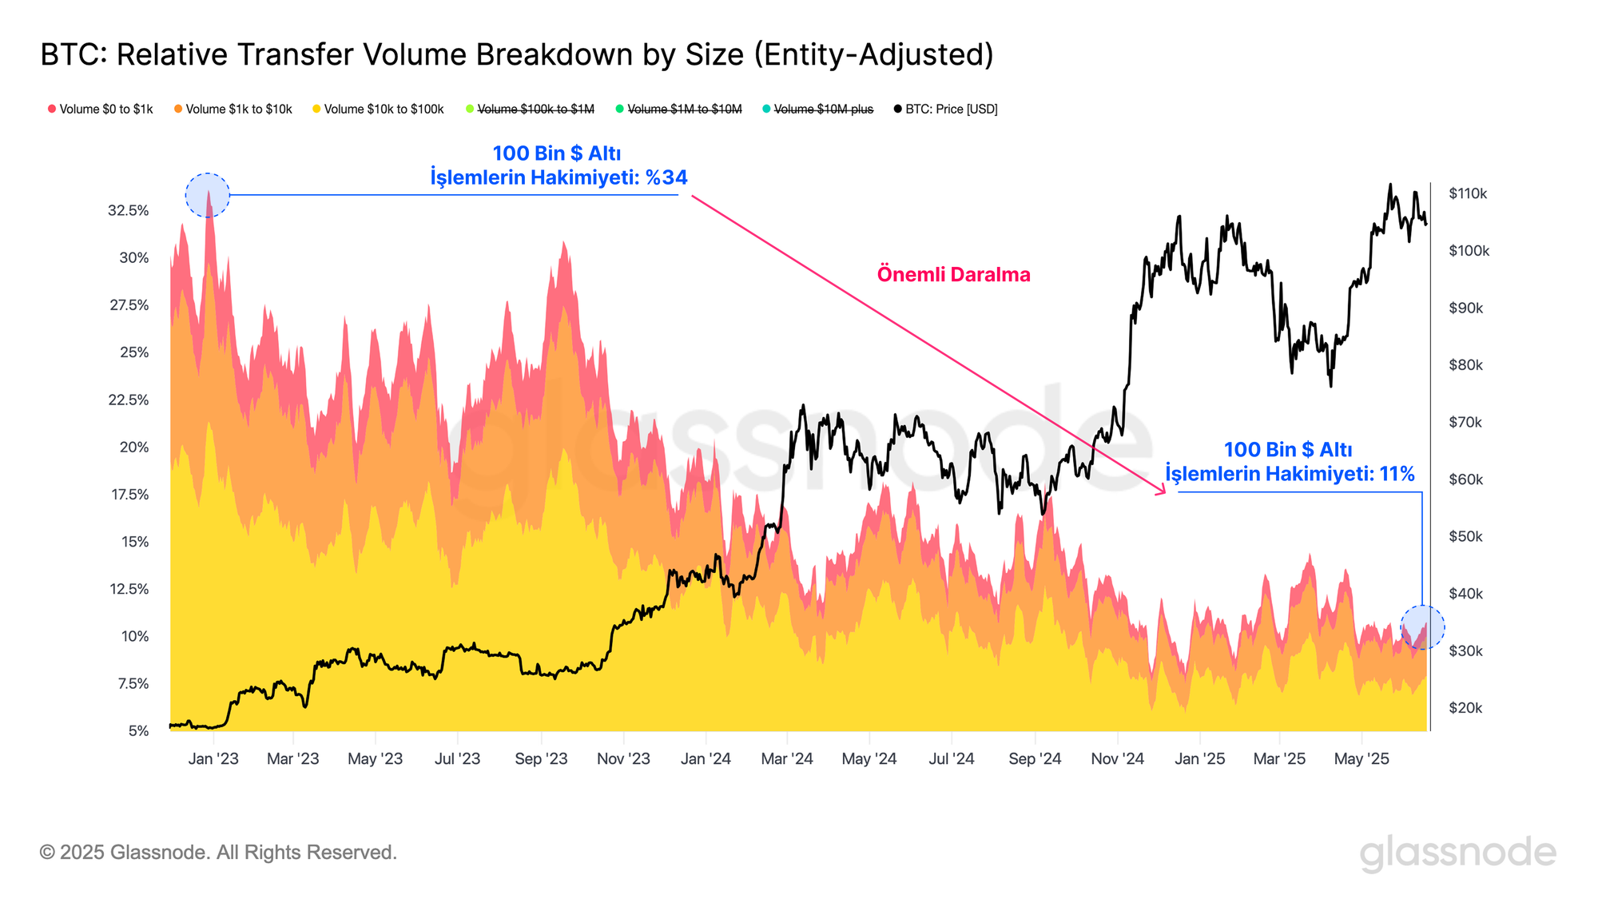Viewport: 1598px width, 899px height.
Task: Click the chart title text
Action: point(517,54)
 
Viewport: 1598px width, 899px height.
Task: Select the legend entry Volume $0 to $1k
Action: point(101,109)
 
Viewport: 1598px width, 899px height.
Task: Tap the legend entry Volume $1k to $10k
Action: point(233,109)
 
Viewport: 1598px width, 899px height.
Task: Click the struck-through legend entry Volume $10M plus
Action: point(818,109)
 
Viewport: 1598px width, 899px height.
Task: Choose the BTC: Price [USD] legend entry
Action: point(946,109)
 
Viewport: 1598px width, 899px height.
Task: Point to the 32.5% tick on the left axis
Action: point(129,210)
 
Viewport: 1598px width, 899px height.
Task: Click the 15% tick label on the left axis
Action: point(135,542)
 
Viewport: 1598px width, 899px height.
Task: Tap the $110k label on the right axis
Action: point(1468,193)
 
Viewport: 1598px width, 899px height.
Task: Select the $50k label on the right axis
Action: point(1465,536)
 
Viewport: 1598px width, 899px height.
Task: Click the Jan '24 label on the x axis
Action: point(706,758)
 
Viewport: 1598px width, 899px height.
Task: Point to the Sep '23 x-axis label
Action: point(541,758)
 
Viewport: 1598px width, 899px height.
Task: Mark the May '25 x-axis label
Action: point(1361,758)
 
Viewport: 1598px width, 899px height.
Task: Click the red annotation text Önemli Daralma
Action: point(953,274)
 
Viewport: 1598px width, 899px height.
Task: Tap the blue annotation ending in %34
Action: point(559,165)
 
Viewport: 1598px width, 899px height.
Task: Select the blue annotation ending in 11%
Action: point(1290,462)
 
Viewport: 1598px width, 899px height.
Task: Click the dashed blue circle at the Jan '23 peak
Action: point(208,195)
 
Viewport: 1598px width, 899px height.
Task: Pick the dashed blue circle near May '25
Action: point(1422,627)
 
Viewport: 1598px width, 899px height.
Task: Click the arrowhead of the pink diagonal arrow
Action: point(1163,491)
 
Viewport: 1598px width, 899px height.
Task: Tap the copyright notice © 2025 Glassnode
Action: point(218,852)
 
